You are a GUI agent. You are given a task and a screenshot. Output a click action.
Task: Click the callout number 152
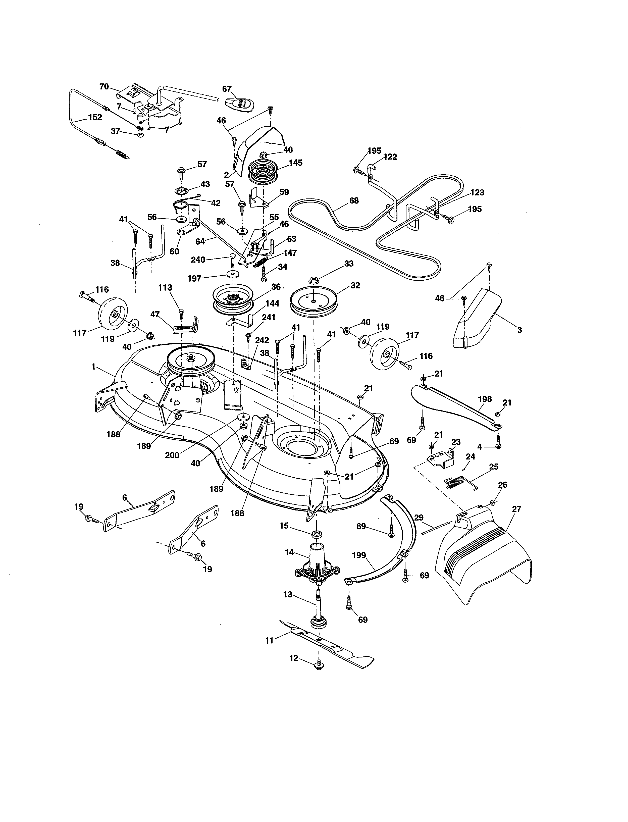tap(95, 117)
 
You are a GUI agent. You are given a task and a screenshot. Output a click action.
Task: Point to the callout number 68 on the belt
tap(354, 201)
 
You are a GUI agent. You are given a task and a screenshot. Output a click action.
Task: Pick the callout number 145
tap(295, 163)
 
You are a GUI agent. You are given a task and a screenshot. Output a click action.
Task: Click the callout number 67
tap(227, 89)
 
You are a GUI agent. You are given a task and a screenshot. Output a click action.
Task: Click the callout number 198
tap(485, 399)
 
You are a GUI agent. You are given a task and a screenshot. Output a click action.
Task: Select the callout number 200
tap(172, 455)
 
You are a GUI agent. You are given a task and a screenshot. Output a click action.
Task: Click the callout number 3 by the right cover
tap(519, 330)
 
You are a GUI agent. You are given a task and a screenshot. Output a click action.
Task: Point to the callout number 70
tap(104, 87)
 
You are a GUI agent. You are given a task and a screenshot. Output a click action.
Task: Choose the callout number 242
tap(262, 340)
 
